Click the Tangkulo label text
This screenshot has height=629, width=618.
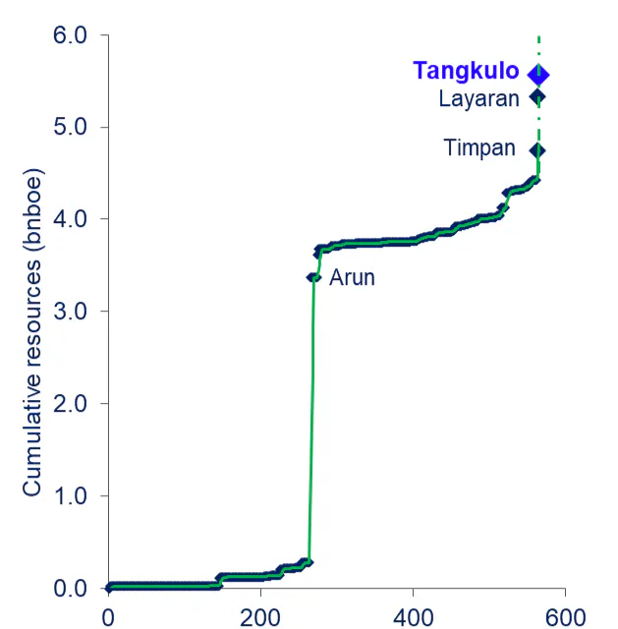point(466,71)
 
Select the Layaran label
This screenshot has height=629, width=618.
point(478,98)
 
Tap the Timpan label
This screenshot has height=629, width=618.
point(479,148)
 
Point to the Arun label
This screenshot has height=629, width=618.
point(352,278)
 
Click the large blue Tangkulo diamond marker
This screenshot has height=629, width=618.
point(538,75)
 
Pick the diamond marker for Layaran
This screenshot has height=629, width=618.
point(537,96)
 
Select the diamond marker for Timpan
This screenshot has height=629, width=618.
point(537,150)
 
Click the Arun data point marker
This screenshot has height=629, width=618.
point(313,277)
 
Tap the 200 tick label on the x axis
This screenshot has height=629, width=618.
point(260,616)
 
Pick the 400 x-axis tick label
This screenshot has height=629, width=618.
point(413,616)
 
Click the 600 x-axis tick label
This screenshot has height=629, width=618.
point(564,616)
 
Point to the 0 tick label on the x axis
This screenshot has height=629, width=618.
point(108,616)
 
